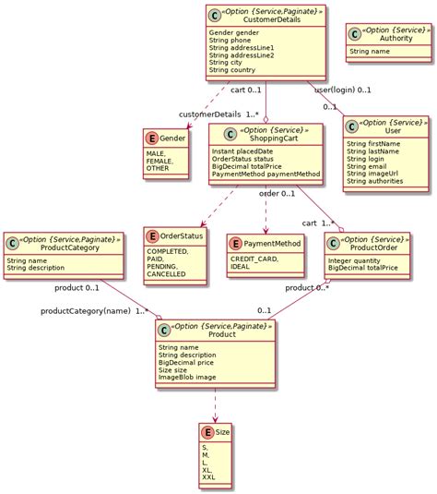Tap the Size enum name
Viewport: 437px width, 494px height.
223,432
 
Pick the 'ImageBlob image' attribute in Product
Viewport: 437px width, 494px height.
188,376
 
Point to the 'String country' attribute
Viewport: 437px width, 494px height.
232,69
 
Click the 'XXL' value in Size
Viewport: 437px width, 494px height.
208,477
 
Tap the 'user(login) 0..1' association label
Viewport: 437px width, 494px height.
343,90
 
